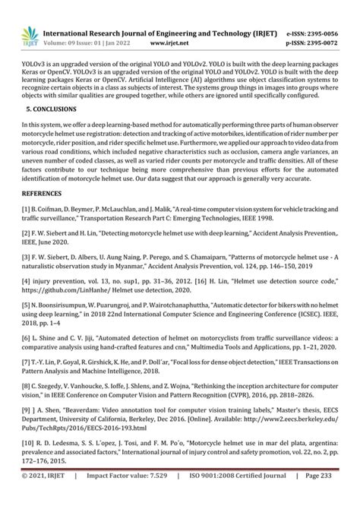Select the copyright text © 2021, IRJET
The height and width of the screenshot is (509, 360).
[49, 497]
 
